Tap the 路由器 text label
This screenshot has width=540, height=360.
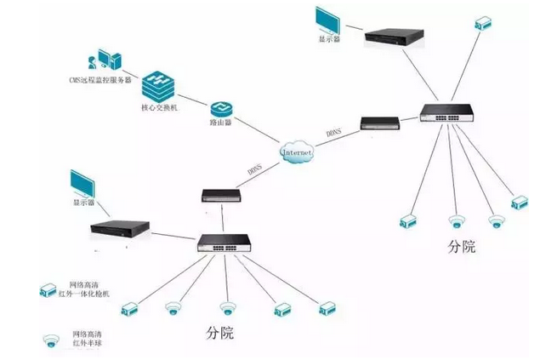(x=221, y=123)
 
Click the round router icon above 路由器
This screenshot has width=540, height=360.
(x=222, y=106)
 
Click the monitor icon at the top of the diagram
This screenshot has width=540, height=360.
(x=327, y=20)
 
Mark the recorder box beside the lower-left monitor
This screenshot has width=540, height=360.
(x=120, y=230)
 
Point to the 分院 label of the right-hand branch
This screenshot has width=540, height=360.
(x=461, y=247)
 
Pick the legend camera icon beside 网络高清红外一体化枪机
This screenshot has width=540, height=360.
(x=48, y=290)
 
